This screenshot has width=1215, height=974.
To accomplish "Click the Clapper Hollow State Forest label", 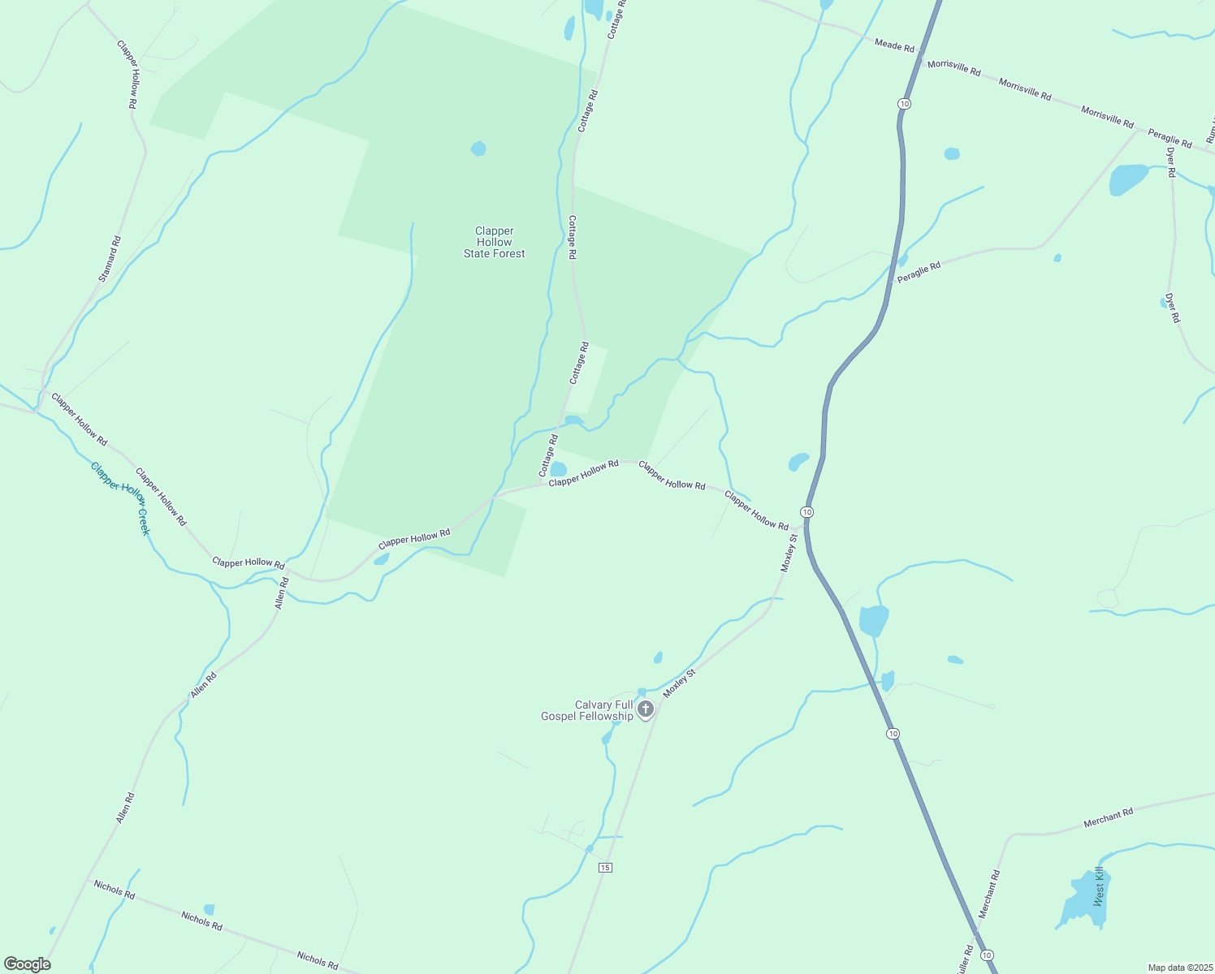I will pyautogui.click(x=494, y=243).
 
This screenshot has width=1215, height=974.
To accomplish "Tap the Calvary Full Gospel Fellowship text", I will pyautogui.click(x=587, y=711).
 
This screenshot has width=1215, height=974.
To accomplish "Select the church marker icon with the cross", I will pyautogui.click(x=646, y=709).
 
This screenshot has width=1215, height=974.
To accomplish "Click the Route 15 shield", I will pyautogui.click(x=604, y=868).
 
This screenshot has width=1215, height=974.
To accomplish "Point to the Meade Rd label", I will pyautogui.click(x=894, y=45).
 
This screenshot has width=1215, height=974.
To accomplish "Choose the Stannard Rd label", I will pyautogui.click(x=110, y=259).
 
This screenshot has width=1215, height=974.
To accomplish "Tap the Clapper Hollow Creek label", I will pyautogui.click(x=120, y=498).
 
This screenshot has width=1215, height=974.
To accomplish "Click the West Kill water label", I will pyautogui.click(x=1099, y=886).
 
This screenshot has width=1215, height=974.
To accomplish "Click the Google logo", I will pyautogui.click(x=27, y=964).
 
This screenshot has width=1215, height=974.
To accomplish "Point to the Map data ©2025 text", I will pyautogui.click(x=1179, y=968).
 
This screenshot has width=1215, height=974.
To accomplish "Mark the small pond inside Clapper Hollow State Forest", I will pyautogui.click(x=478, y=149).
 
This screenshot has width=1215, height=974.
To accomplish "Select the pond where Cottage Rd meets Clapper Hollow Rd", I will pyautogui.click(x=558, y=469).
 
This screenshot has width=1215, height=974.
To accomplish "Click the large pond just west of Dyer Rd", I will pyautogui.click(x=1128, y=179).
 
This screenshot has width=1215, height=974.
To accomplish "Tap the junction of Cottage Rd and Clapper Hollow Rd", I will pyautogui.click(x=542, y=484).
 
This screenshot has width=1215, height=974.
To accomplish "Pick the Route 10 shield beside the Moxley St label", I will pyautogui.click(x=806, y=512).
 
